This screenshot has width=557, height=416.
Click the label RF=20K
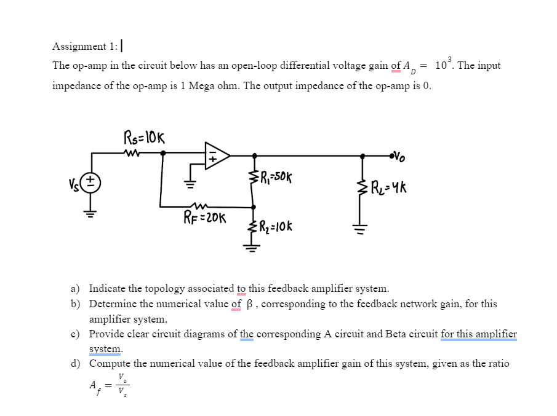206,218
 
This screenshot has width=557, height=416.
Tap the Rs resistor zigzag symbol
132,154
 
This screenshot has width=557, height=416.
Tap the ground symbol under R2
252,247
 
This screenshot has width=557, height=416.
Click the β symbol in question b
249,304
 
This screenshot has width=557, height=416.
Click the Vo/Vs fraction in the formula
123,385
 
